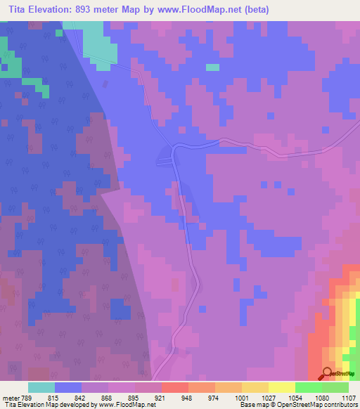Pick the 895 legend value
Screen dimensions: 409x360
[x=134, y=398]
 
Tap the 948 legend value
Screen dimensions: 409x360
[x=188, y=398]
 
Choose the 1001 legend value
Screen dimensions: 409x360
[x=242, y=398]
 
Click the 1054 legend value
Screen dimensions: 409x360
[x=295, y=398]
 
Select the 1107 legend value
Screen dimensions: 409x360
[x=349, y=398]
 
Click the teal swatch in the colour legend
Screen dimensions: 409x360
[x=41, y=387]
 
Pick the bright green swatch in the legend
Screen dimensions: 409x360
[x=308, y=387]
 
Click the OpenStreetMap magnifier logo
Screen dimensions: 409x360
[x=327, y=373]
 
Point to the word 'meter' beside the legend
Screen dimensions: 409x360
[x=11, y=398]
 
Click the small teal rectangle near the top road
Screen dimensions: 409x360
[x=212, y=67]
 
